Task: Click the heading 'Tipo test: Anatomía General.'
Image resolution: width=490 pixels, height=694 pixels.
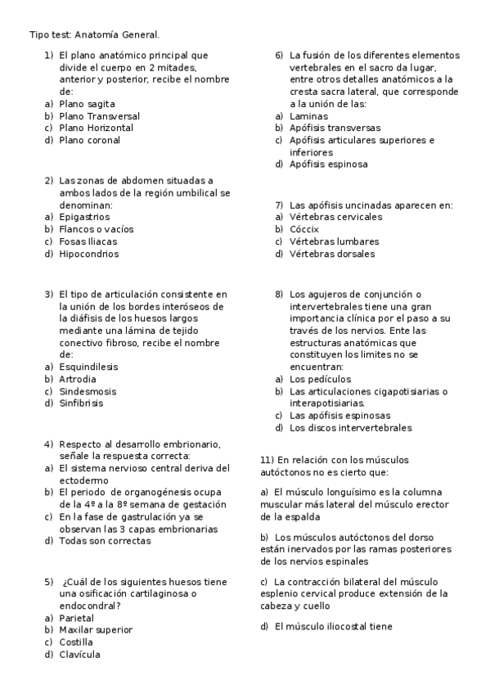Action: tap(94, 35)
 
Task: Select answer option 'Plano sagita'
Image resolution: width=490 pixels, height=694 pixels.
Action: tap(86, 104)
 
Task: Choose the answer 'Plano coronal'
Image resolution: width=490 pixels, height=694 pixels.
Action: tap(89, 140)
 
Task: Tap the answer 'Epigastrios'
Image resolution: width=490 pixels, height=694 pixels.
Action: tap(84, 217)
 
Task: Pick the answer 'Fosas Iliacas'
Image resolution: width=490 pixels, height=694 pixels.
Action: tap(88, 241)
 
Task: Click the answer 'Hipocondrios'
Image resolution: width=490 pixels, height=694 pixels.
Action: tap(88, 254)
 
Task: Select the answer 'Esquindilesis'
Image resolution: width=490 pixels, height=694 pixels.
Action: tap(88, 367)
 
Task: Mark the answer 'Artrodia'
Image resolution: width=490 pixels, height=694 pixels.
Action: tap(78, 379)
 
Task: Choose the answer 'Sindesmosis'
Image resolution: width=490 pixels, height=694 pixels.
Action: tap(87, 391)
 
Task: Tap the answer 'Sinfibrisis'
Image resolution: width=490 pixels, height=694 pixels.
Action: tap(81, 403)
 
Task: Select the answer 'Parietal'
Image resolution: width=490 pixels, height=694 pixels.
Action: tap(76, 618)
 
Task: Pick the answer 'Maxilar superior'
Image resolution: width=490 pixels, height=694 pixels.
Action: tap(96, 630)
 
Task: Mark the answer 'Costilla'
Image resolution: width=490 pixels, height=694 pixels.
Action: tap(76, 642)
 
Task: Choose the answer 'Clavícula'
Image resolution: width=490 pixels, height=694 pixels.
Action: tap(79, 654)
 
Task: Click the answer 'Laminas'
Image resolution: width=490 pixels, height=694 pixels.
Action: tap(308, 116)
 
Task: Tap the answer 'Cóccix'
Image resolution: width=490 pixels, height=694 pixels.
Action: tap(305, 229)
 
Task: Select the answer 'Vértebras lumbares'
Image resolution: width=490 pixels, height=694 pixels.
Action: tap(334, 241)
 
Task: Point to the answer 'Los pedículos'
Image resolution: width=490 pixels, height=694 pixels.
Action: tap(320, 379)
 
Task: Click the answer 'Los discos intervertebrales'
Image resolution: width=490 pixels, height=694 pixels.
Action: tap(350, 427)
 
